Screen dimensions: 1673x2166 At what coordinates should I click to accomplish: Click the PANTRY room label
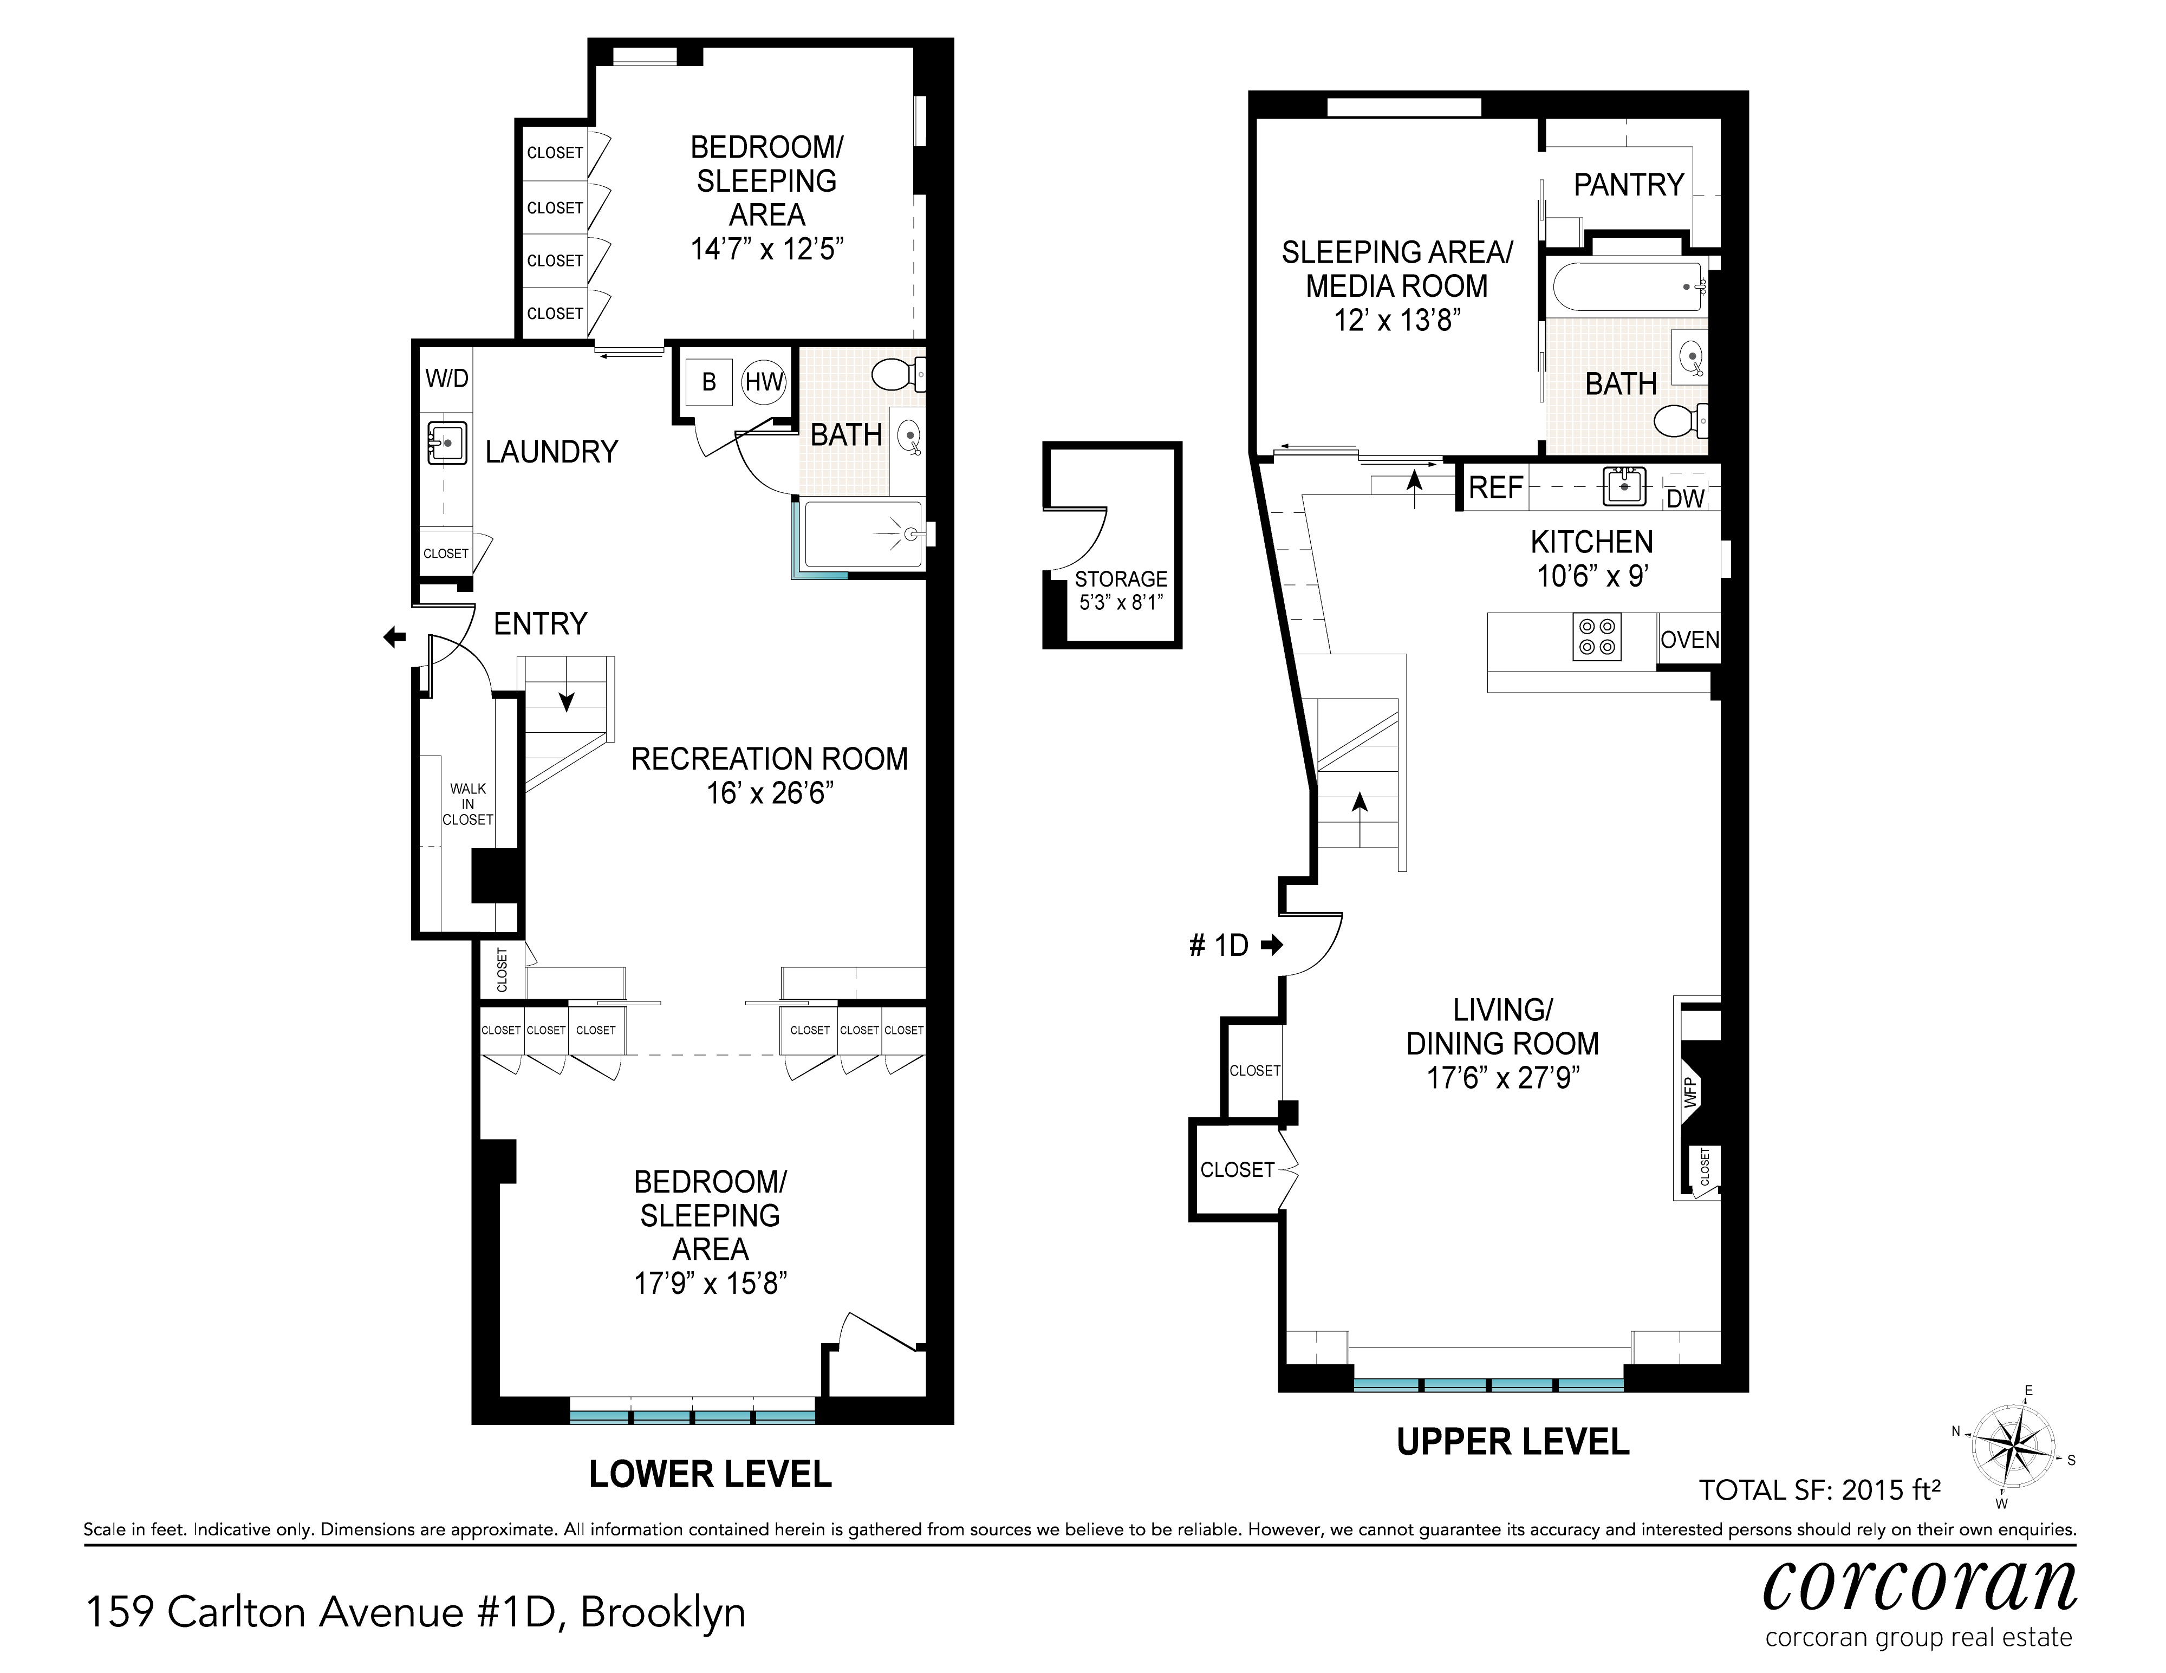[1629, 185]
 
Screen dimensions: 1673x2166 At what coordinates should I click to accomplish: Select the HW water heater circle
[764, 382]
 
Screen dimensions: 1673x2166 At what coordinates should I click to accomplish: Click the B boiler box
[709, 382]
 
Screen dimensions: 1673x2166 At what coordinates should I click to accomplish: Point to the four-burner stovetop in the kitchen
[1597, 637]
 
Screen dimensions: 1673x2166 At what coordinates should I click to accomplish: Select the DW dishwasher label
[1684, 499]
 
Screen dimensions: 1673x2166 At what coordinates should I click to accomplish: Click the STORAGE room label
[1121, 579]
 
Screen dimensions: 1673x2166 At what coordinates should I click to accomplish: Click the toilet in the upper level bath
[1680, 420]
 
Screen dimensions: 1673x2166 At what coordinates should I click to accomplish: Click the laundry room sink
[447, 442]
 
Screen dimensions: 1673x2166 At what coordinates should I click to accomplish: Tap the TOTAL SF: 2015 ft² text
[1819, 1489]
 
